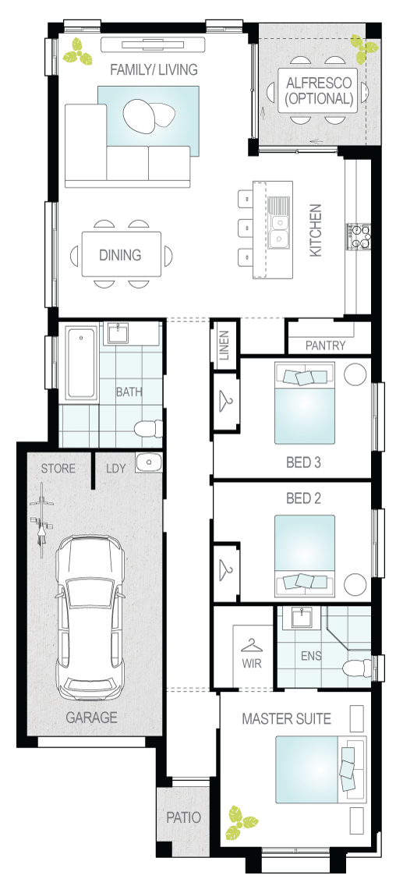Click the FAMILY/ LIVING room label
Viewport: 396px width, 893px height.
tap(154, 69)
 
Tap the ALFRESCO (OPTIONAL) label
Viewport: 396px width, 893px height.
tap(319, 90)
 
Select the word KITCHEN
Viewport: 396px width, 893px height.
tap(316, 231)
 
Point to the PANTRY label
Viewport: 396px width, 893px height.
tap(325, 346)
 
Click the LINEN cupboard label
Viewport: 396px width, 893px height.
tap(225, 346)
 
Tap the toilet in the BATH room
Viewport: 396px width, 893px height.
tap(150, 428)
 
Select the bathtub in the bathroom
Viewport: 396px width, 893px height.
tap(81, 362)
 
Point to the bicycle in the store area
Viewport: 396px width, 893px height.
tap(41, 521)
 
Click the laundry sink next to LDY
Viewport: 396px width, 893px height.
tap(148, 462)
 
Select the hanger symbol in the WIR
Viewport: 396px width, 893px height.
tap(251, 646)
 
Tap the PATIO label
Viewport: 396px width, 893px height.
tap(183, 817)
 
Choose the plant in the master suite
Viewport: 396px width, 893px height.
tap(240, 822)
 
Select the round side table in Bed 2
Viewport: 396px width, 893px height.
tap(355, 584)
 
